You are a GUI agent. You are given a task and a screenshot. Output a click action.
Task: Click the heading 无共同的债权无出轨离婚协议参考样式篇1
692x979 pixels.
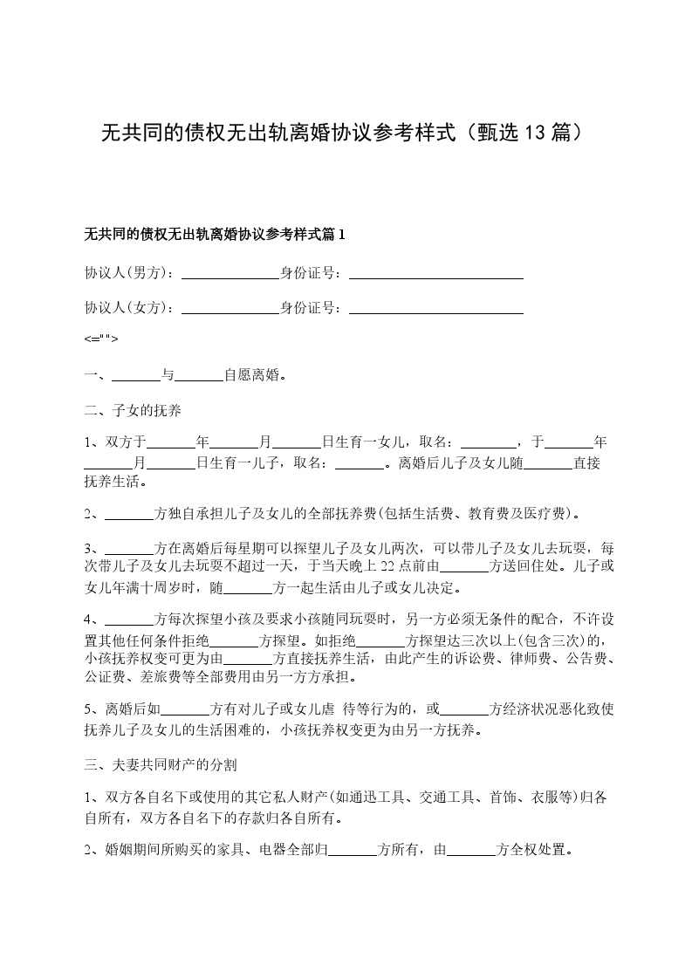[x=215, y=235]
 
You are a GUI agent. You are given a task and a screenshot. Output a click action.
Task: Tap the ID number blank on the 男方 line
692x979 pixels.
[x=435, y=273]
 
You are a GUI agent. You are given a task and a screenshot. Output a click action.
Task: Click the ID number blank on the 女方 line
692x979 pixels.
[x=435, y=308]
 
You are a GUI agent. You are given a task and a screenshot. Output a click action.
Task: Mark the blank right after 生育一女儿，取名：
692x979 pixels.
[x=488, y=442]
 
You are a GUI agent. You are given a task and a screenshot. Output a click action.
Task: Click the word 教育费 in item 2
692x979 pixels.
[x=482, y=514]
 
